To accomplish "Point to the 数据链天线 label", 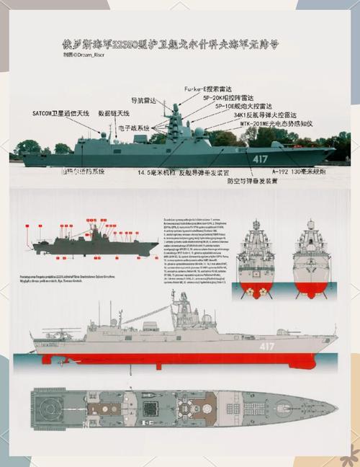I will [114, 114].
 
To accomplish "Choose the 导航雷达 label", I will [144, 100].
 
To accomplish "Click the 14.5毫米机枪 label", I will [151, 173].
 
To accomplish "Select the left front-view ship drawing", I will [257, 256].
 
